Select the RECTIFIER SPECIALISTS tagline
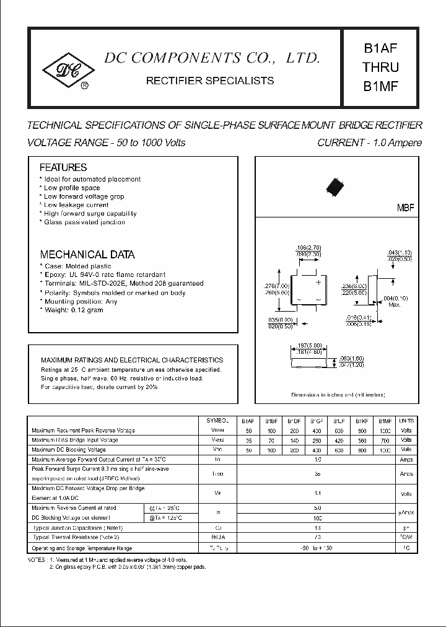(209, 81)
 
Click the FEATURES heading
(63, 167)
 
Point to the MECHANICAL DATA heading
(87, 255)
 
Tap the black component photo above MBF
(335, 186)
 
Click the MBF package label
(404, 209)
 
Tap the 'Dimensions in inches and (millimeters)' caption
(346, 394)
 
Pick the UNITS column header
(406, 420)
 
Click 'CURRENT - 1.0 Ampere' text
(369, 142)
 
